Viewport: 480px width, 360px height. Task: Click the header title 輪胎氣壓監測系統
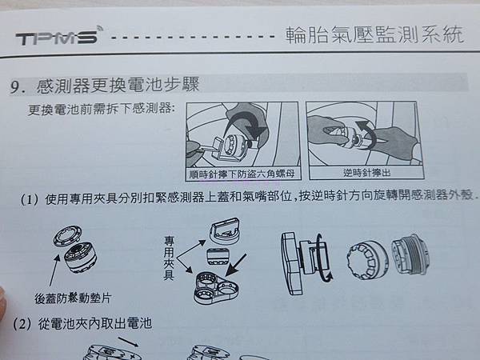(374, 34)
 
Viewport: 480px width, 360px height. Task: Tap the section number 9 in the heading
(15, 87)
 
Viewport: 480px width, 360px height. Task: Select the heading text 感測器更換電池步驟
(118, 85)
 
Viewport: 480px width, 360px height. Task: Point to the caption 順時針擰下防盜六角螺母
(242, 174)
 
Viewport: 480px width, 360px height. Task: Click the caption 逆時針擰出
(366, 173)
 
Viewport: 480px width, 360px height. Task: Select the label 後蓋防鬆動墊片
(73, 298)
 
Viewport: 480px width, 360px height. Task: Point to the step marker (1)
(30, 199)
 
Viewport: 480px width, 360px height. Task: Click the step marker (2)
(22, 324)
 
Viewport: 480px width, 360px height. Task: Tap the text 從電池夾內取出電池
(95, 323)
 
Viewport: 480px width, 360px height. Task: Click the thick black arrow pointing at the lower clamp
(235, 265)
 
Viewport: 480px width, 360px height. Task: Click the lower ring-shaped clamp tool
(217, 287)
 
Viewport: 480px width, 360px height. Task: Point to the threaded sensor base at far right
(410, 254)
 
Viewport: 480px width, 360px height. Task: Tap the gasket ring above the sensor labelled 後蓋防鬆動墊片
(67, 236)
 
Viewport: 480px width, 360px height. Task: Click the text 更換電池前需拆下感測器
(102, 110)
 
